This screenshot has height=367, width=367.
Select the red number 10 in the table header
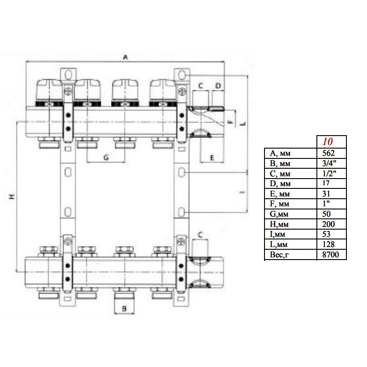pyautogui.click(x=328, y=141)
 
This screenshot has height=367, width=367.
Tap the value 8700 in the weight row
pyautogui.click(x=330, y=254)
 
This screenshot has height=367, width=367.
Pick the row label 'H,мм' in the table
pyautogui.click(x=279, y=224)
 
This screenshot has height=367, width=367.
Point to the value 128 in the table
pyautogui.click(x=329, y=244)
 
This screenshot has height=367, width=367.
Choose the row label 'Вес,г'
pyautogui.click(x=279, y=255)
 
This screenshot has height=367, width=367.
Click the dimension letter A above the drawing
pyautogui.click(x=125, y=57)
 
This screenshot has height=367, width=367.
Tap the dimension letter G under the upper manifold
pyautogui.click(x=106, y=158)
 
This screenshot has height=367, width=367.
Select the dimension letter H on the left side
pyautogui.click(x=12, y=196)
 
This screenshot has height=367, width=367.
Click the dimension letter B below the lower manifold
pyautogui.click(x=124, y=309)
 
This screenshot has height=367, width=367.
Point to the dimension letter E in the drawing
pyautogui.click(x=212, y=158)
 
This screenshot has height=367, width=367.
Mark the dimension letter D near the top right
pyautogui.click(x=218, y=86)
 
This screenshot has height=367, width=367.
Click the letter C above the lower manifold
pyautogui.click(x=200, y=235)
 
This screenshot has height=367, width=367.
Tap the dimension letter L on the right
pyautogui.click(x=243, y=124)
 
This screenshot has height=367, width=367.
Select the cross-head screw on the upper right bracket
pyautogui.click(x=182, y=91)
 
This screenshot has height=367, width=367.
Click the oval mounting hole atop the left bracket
pyautogui.click(x=68, y=75)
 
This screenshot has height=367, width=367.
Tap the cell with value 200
pyautogui.click(x=329, y=224)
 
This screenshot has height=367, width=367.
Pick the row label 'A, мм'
pyautogui.click(x=280, y=154)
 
